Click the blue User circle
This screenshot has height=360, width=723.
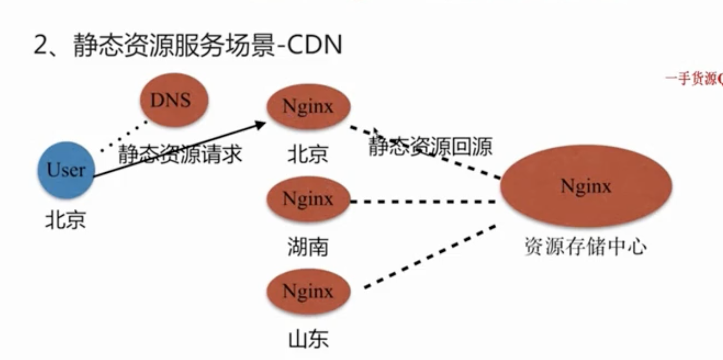pos(66,170)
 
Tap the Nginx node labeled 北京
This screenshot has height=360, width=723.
pos(308,106)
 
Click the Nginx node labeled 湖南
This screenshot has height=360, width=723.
pos(308,198)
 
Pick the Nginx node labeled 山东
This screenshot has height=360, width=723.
pos(308,291)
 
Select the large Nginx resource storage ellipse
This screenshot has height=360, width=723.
pos(585,186)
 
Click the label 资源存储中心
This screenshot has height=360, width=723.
pos(585,247)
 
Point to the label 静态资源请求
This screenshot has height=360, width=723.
pos(180,154)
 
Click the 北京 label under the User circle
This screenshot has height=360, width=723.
pos(66,221)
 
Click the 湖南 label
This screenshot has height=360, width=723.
pos(308,247)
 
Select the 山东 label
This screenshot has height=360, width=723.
pos(308,339)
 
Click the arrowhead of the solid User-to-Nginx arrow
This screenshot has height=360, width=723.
pos(261,124)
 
